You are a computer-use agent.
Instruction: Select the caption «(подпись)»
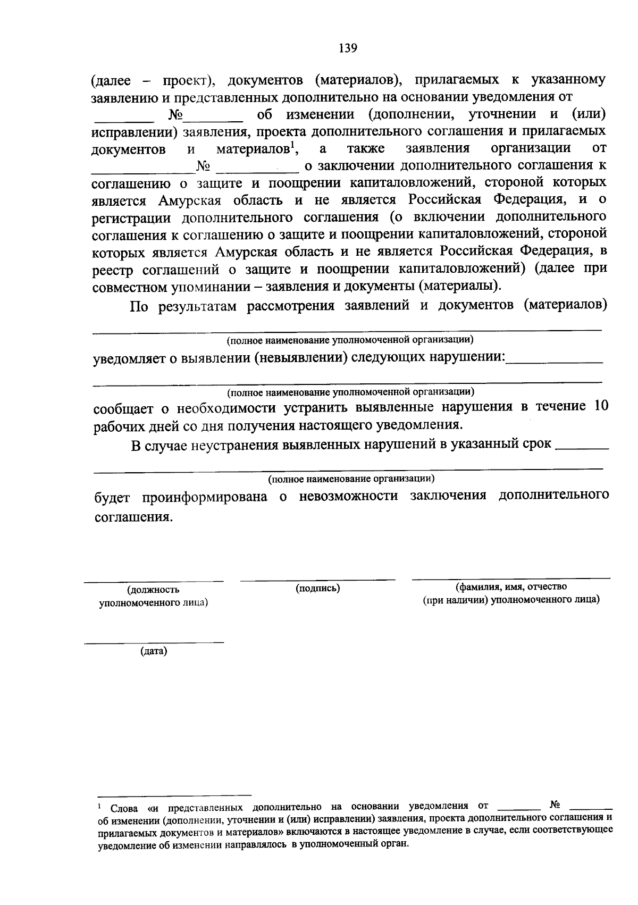(x=317, y=588)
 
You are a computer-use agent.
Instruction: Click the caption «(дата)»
(x=154, y=651)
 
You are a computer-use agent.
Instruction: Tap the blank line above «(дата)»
(x=154, y=643)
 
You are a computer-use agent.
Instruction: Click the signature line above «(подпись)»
(x=317, y=579)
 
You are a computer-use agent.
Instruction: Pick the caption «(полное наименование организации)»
(x=351, y=479)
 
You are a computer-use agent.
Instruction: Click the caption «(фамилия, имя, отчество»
(x=511, y=586)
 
